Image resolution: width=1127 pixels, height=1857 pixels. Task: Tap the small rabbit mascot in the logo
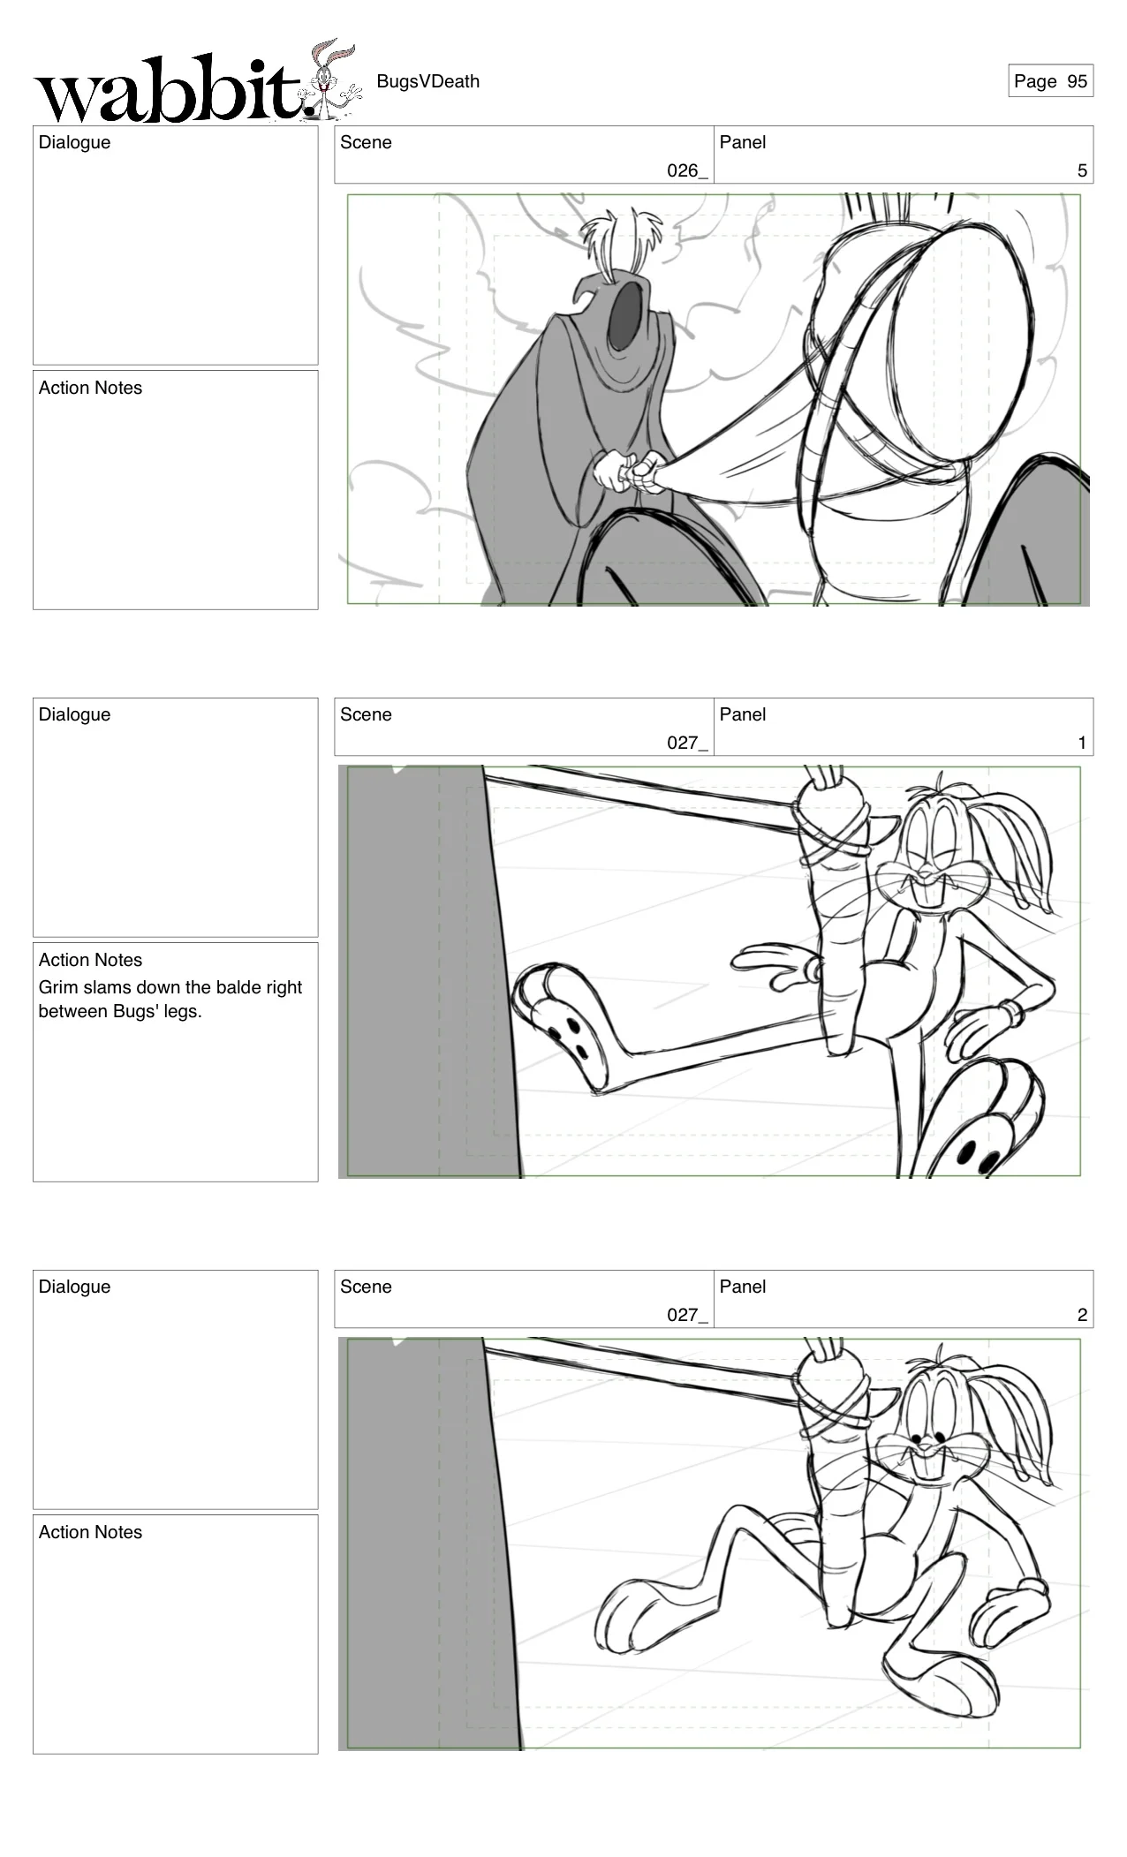tap(331, 79)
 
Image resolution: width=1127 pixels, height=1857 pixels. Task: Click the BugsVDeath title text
tap(427, 81)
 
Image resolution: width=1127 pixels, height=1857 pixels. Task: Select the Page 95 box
tap(1050, 81)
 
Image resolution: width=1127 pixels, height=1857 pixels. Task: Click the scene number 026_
tap(687, 170)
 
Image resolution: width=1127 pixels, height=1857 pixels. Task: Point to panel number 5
tap(1082, 170)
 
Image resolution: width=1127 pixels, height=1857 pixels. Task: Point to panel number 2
tap(1082, 1315)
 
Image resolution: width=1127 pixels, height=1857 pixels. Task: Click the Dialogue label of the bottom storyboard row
tap(74, 1287)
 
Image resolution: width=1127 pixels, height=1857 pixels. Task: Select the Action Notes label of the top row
tap(90, 388)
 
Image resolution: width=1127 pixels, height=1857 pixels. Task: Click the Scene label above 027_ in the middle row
tap(366, 714)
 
